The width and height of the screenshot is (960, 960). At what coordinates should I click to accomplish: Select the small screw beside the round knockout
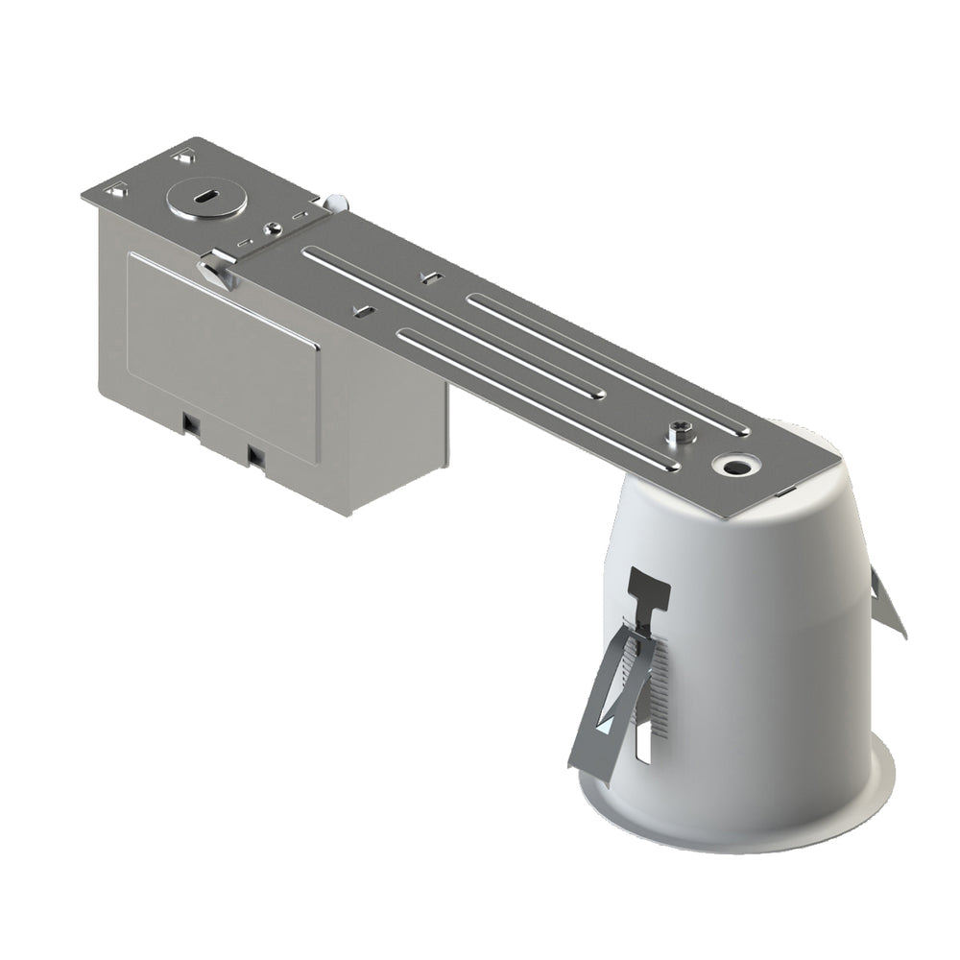(274, 228)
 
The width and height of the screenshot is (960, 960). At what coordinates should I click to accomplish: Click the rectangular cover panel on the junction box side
(223, 354)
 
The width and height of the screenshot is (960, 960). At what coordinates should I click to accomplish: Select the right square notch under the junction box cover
(255, 453)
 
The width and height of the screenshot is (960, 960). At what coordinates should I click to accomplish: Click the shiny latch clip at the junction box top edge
(218, 268)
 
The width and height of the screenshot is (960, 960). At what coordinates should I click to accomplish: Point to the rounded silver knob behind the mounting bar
(337, 204)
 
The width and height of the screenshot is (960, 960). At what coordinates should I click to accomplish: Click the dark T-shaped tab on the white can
(648, 590)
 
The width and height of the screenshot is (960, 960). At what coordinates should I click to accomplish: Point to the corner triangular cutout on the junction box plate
(116, 191)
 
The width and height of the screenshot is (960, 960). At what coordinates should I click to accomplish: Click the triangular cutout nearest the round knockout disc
(181, 155)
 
